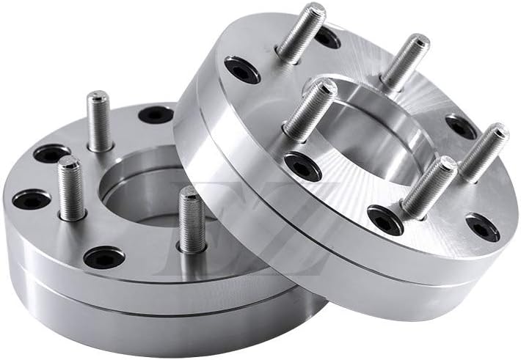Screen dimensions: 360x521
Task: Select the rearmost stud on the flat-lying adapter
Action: [99, 121]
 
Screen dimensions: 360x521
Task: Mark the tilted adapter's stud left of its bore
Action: [309, 110]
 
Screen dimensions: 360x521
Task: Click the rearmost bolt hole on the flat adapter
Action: [156, 114]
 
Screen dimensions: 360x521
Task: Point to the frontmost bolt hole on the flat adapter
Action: [103, 257]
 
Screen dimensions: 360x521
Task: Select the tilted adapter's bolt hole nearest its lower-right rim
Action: [482, 227]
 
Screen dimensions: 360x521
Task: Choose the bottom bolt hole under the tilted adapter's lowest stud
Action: [385, 219]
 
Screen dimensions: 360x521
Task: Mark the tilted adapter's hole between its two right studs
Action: [461, 126]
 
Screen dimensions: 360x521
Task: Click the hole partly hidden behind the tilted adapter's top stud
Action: [327, 37]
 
